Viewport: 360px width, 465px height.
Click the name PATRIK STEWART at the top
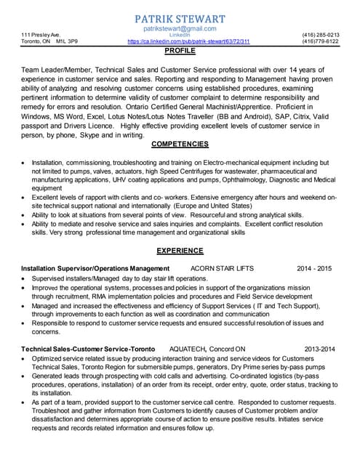[x=180, y=18]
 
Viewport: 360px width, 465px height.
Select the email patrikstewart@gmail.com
[x=180, y=28]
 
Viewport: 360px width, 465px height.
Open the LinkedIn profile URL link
[x=188, y=42]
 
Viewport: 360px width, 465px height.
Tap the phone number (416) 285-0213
[x=320, y=34]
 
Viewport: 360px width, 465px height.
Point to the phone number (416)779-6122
[x=320, y=42]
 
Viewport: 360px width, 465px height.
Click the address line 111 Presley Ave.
[x=41, y=34]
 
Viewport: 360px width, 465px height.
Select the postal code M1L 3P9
[x=67, y=42]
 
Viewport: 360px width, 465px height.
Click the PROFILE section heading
[x=180, y=52]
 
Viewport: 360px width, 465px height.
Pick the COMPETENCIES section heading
[x=180, y=144]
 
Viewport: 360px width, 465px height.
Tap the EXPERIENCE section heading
[x=180, y=251]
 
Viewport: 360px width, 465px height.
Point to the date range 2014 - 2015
[x=314, y=268]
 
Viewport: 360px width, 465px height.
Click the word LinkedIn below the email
[x=180, y=35]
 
